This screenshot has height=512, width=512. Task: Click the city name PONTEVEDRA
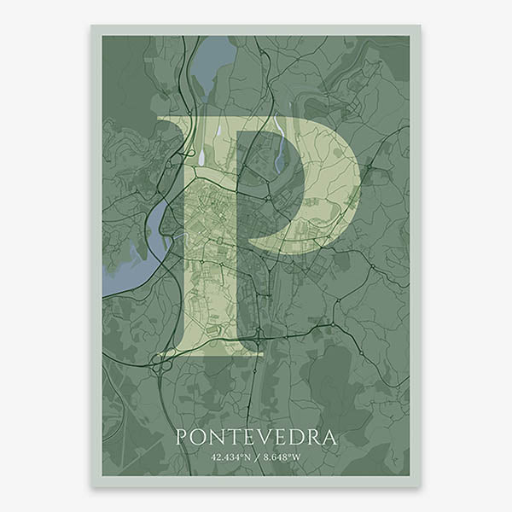coord(256,438)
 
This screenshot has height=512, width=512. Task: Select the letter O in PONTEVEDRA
coord(201,438)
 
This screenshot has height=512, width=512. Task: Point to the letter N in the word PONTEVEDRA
coord(219,438)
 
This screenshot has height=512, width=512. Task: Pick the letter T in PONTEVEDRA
coord(236,438)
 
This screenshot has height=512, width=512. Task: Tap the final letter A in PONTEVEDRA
coord(331,438)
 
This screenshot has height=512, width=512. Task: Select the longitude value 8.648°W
coord(282,458)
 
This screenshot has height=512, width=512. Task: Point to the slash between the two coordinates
coord(256,458)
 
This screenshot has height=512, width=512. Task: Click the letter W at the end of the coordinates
coord(297,458)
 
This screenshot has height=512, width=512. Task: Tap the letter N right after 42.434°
coord(247,458)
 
